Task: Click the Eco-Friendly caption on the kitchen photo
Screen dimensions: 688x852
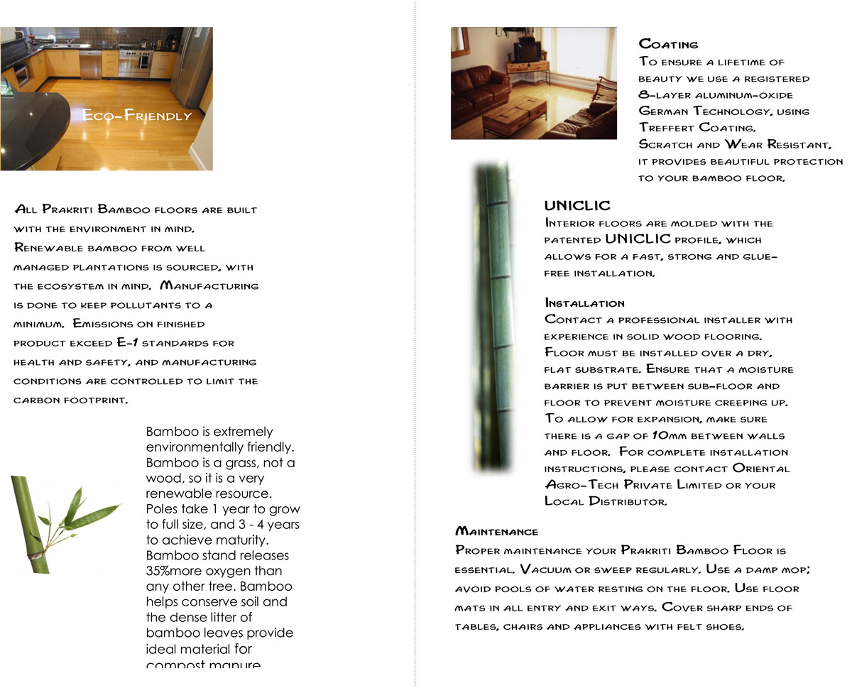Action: click(137, 115)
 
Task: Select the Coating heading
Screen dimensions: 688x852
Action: click(668, 44)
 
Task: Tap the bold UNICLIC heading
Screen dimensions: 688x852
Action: click(577, 206)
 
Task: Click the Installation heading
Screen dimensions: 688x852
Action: click(584, 303)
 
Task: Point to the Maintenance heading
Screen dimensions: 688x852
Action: click(496, 531)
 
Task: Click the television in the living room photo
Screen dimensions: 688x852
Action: click(528, 50)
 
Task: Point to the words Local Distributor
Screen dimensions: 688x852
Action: click(605, 501)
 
